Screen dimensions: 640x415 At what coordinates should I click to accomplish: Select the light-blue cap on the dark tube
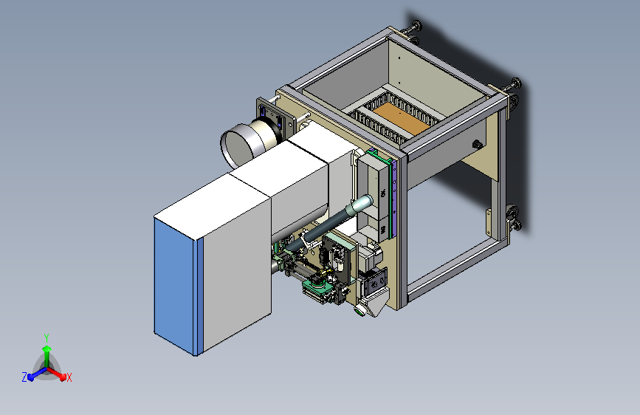[x=364, y=203]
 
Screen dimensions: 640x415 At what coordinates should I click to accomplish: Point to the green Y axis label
[x=47, y=337]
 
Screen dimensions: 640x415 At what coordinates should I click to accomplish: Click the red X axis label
[x=69, y=377]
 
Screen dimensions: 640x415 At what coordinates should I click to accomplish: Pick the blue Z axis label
[x=24, y=377]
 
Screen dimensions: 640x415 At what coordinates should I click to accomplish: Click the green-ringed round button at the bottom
[x=359, y=311]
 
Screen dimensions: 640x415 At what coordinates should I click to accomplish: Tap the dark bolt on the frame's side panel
[x=476, y=144]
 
